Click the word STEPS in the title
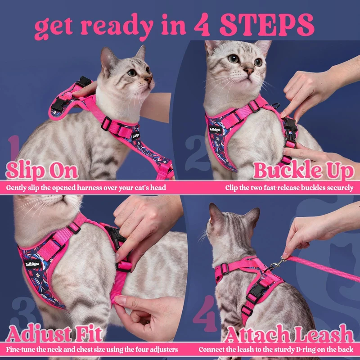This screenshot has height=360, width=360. [267, 25]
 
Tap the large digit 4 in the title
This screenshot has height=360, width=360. [202, 25]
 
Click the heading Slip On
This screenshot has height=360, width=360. [42, 171]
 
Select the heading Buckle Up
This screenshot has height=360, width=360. [303, 171]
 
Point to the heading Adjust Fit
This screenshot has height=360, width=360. [54, 334]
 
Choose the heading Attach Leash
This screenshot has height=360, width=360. [289, 333]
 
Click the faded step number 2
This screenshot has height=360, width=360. [195, 153]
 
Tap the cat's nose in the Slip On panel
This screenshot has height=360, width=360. [148, 80]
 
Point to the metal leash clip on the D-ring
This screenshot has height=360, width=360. [277, 264]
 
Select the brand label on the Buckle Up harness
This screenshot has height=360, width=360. [216, 129]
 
